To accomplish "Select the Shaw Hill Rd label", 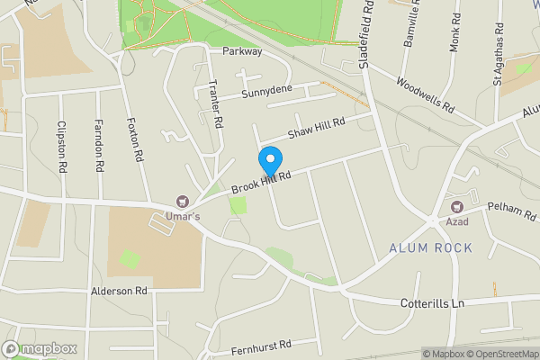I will [x=317, y=129].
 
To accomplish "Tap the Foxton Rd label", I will [x=137, y=139].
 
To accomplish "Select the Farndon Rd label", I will [x=100, y=147].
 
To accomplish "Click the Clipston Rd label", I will [x=62, y=147].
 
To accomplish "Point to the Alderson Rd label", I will [x=119, y=292].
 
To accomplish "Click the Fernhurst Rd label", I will [x=262, y=345].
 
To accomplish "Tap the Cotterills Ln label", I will [x=431, y=304].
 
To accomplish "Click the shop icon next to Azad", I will [x=467, y=206].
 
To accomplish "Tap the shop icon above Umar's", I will [x=184, y=202].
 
